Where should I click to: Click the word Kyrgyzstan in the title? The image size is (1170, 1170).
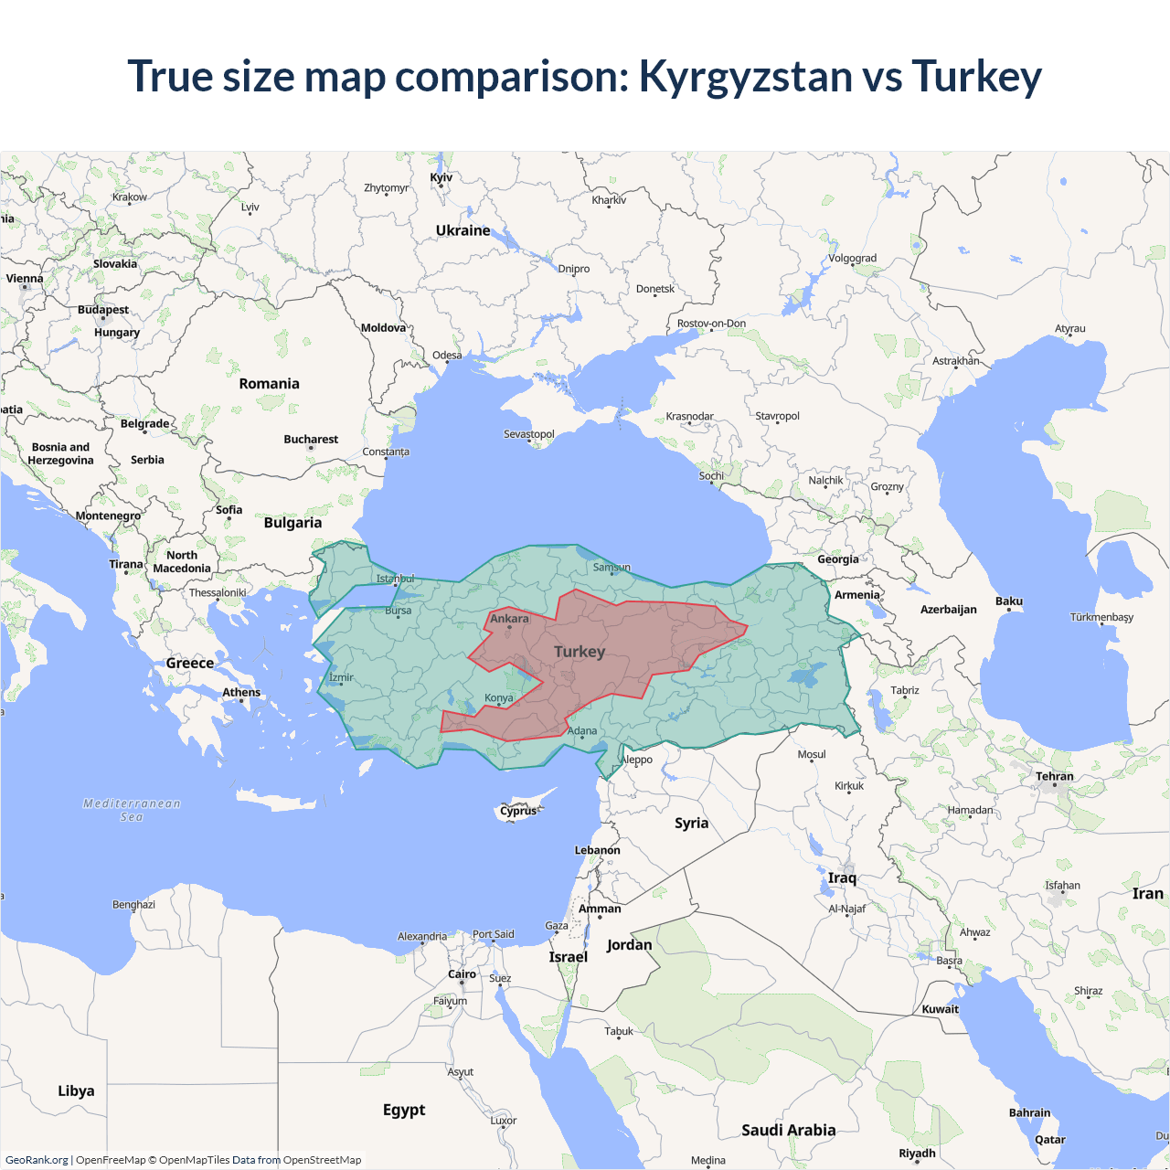point(745,77)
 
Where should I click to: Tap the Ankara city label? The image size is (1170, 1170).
point(509,619)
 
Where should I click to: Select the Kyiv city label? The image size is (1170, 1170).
point(441,177)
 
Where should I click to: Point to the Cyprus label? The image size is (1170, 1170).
point(518,811)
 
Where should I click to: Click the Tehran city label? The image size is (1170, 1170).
point(1054,776)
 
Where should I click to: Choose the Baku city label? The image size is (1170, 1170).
point(1009,601)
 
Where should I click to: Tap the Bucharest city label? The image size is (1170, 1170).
point(311,440)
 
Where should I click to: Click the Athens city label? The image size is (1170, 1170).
point(241,692)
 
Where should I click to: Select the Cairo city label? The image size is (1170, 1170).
point(462,973)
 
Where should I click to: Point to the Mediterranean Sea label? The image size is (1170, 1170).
point(132,810)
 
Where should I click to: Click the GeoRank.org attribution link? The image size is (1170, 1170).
point(37,1160)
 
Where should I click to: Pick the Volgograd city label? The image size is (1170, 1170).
point(852,258)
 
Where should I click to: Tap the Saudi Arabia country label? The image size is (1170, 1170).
point(788,1130)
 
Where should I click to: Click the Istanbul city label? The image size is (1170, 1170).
point(395,579)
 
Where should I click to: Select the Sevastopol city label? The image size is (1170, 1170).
point(528,433)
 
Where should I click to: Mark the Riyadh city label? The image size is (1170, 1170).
point(917,1153)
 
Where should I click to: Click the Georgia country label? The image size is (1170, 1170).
point(837,559)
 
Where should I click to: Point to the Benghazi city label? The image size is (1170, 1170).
point(133,904)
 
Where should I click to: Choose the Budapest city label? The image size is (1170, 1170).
point(102,310)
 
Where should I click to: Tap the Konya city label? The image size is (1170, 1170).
point(498,697)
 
